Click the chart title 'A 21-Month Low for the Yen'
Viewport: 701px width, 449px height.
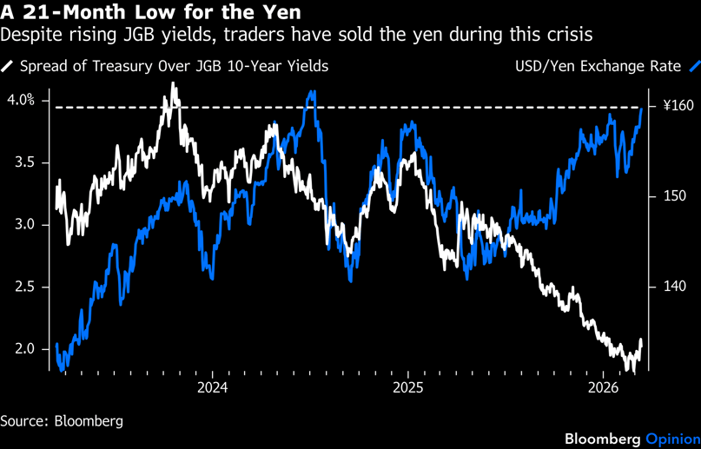click(151, 13)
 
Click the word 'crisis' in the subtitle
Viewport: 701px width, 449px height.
click(571, 36)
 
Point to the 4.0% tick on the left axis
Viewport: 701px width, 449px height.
click(21, 100)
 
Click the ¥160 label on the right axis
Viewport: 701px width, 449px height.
click(678, 106)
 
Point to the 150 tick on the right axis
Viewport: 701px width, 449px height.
click(674, 196)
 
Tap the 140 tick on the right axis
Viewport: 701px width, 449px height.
click(674, 287)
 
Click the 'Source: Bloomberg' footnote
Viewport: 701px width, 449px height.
click(62, 421)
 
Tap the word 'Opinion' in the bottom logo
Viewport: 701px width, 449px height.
click(669, 438)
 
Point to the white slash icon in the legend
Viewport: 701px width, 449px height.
click(8, 66)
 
